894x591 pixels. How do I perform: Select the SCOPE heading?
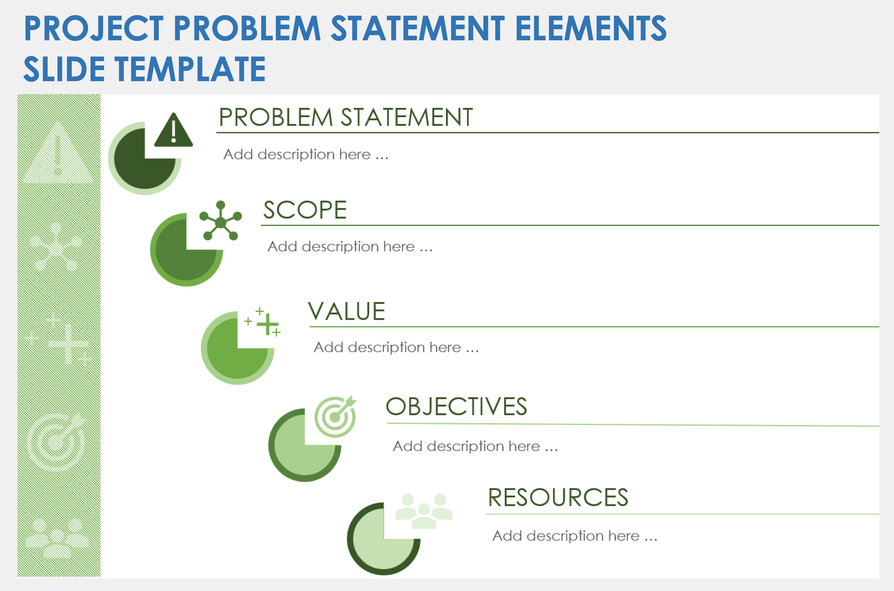tap(305, 210)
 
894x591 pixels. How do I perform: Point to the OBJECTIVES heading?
tap(456, 407)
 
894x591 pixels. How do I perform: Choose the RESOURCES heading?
tap(558, 498)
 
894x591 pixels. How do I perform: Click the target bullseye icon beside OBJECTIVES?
tap(335, 416)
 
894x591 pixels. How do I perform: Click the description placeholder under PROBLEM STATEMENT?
tap(306, 155)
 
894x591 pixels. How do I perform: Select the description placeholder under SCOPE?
tap(350, 247)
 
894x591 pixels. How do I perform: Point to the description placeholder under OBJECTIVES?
tap(475, 446)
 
